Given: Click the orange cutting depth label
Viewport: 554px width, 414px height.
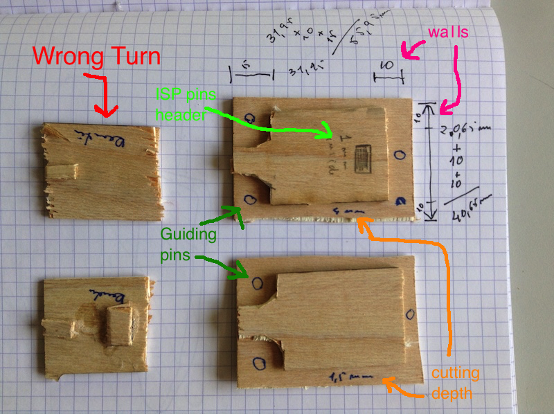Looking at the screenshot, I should (455, 383).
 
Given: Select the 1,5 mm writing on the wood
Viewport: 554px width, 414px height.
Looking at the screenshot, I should (343, 377).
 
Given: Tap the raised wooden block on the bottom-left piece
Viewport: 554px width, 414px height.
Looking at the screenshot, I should (119, 325).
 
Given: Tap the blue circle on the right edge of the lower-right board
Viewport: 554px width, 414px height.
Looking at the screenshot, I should (409, 315).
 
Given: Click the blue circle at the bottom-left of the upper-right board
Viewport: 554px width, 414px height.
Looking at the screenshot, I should (249, 199).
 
